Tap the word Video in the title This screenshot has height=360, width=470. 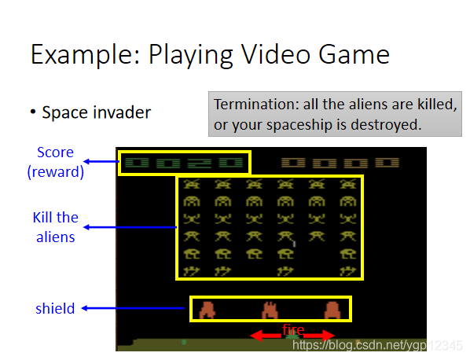click(x=276, y=54)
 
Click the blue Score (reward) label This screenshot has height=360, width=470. click(x=56, y=162)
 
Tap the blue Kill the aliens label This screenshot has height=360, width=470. click(x=56, y=227)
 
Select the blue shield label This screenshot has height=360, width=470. click(x=55, y=308)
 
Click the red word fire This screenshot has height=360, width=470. click(x=293, y=329)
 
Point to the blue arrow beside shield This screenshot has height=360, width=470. click(x=134, y=308)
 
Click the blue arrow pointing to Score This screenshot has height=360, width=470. click(x=101, y=162)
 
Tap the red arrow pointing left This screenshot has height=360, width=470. click(x=266, y=335)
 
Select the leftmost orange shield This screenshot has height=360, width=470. click(x=207, y=310)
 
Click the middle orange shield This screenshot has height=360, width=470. click(x=270, y=310)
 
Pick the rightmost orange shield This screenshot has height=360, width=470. click(x=332, y=310)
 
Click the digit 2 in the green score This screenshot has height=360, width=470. click(x=200, y=163)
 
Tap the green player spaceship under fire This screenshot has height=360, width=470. click(x=292, y=336)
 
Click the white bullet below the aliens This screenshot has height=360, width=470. click(x=295, y=244)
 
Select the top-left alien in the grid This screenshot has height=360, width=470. click(x=192, y=184)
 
